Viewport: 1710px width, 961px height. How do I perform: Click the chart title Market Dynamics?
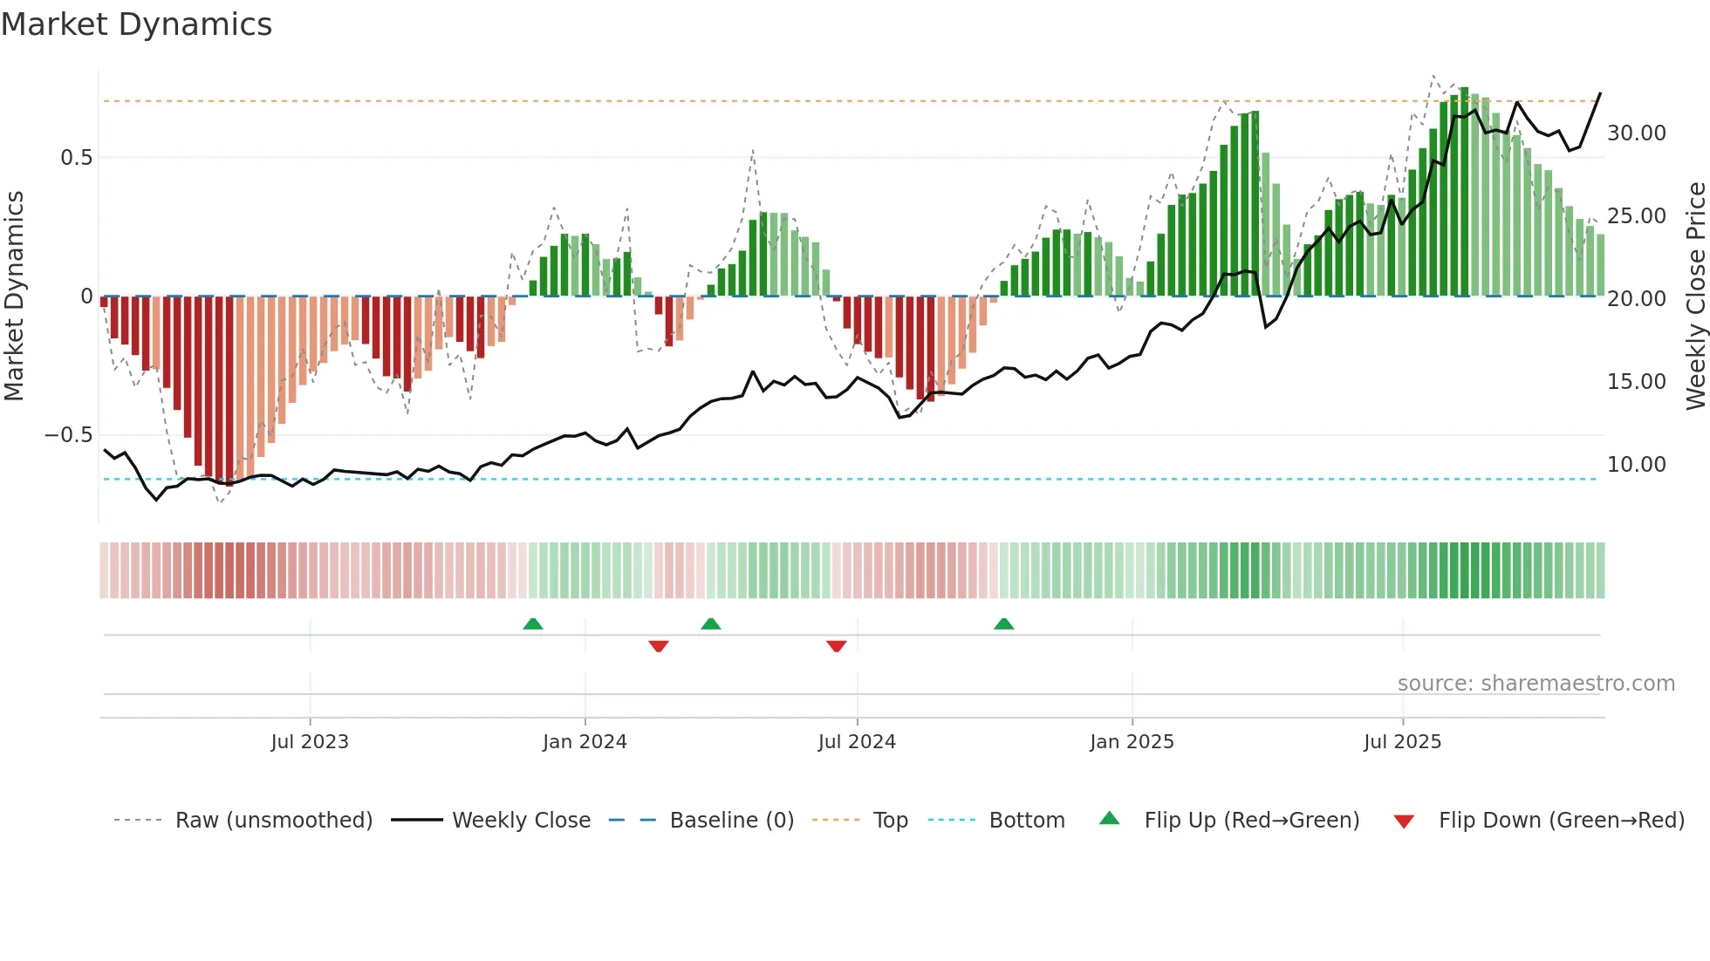coord(136,24)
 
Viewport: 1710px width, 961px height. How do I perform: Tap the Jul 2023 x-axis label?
coord(309,742)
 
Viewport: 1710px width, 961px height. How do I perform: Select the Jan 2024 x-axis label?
coord(585,742)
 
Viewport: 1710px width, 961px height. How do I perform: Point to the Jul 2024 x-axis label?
coord(857,742)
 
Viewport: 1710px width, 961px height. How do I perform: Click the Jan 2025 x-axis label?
coord(1132,742)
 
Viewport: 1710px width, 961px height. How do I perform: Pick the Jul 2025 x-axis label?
coord(1402,742)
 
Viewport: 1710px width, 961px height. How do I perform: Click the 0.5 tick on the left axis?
coord(76,158)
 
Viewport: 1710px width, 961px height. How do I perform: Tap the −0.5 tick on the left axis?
coord(68,435)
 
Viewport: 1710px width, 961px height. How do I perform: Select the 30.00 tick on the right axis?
coord(1636,133)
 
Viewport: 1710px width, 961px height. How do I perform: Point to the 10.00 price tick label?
coord(1636,465)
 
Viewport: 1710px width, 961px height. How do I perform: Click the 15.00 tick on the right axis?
coord(1636,382)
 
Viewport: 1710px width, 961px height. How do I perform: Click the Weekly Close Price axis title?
coord(1695,296)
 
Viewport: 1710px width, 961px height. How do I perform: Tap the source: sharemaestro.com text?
coord(1536,684)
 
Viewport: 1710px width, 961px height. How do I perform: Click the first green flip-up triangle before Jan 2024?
coord(533,624)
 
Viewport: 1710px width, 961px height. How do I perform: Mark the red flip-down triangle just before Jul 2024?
coord(836,646)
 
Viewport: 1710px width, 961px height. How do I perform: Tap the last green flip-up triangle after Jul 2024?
coord(1003,624)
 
